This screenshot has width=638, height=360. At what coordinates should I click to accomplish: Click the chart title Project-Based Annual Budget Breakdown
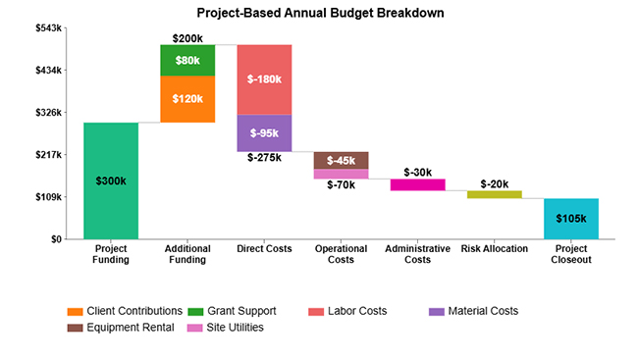tap(319, 14)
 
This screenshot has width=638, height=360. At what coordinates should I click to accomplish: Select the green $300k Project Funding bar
tap(111, 180)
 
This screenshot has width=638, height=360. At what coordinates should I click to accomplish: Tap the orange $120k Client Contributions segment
tap(187, 99)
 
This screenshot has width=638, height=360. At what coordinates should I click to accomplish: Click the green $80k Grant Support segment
tap(187, 60)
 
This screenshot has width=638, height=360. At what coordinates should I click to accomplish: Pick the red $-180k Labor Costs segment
tap(264, 79)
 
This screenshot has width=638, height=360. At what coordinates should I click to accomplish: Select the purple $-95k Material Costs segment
tap(264, 133)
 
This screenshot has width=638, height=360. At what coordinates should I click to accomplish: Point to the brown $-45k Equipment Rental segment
tap(341, 160)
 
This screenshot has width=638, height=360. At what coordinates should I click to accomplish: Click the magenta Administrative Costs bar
tap(417, 184)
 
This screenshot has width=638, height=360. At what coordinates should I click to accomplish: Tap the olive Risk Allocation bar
tap(494, 194)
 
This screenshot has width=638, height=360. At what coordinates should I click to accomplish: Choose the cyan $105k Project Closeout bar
tap(570, 219)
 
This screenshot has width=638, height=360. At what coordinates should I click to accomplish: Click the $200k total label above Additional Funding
tap(187, 38)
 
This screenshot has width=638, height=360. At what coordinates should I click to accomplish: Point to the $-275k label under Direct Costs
tap(264, 157)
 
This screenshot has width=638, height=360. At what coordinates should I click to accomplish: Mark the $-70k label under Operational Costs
tap(341, 184)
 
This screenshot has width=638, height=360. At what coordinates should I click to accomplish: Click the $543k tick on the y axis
tap(47, 28)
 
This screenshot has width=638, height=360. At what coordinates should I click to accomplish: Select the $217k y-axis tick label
tap(47, 155)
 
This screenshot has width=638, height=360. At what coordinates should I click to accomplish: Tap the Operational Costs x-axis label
tap(341, 254)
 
